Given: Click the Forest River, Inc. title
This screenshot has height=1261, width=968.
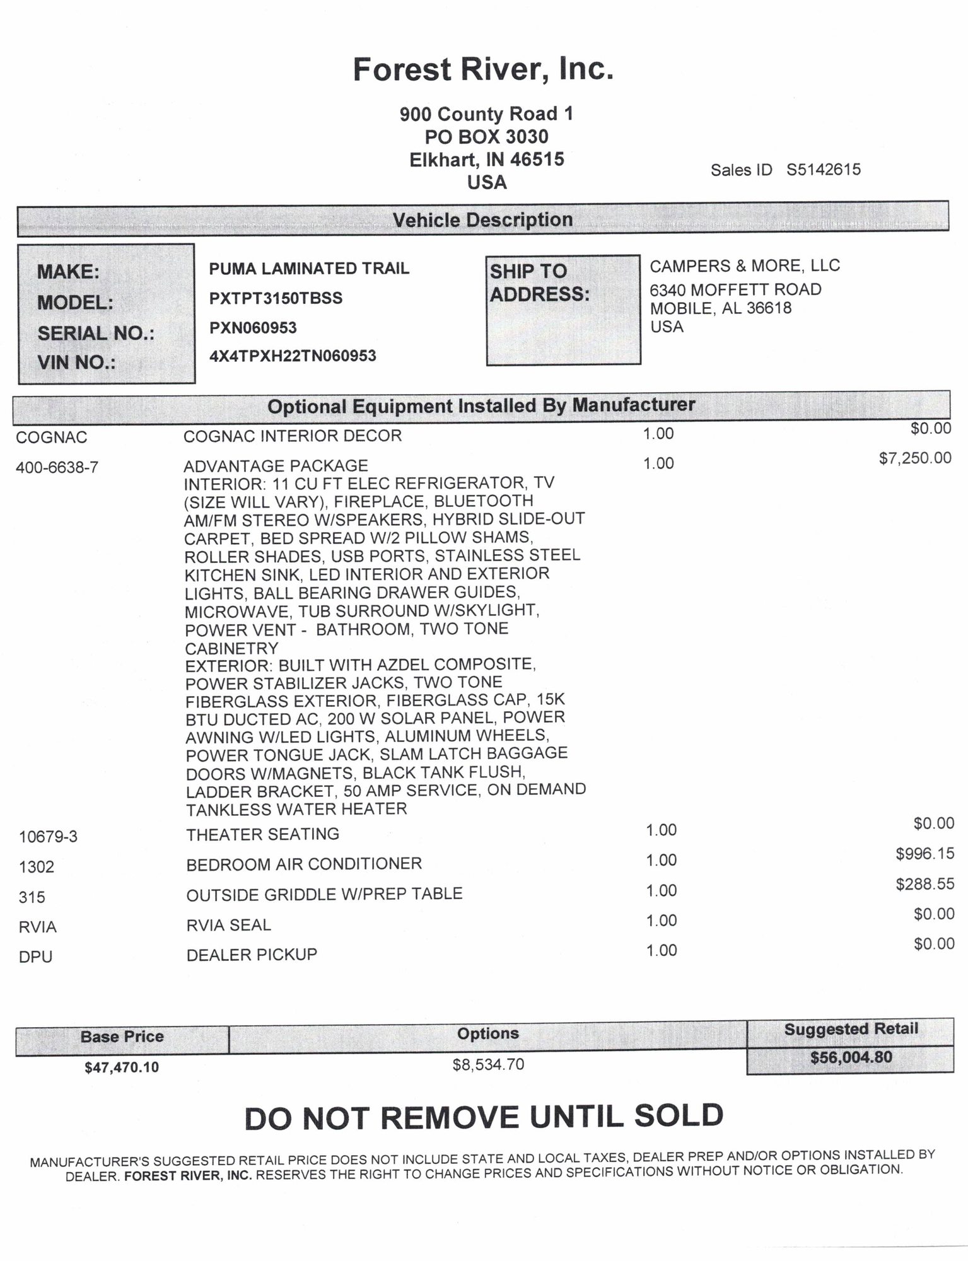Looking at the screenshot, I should pos(482,69).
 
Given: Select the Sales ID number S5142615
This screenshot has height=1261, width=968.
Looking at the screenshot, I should pos(823,170).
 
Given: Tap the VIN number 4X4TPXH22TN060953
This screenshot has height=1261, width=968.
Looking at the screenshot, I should pos(293,356).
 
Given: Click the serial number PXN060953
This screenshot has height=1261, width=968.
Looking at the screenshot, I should pos(253,328).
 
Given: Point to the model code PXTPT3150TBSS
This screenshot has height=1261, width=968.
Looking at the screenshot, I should pos(276,298).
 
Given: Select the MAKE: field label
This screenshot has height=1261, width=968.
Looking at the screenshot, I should pos(68,272).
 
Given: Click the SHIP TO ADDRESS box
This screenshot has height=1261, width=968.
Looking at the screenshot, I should pos(563,310).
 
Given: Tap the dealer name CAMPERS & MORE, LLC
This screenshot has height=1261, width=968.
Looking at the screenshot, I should pos(745,266).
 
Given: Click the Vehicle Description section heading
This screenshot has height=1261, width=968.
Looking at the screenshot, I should pos(482,220).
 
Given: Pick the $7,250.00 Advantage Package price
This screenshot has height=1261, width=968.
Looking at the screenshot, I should pos(915,458).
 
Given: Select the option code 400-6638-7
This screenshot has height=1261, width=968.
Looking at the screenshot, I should pos(57,467).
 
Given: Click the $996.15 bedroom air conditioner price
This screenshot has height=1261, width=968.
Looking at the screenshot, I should pos(924,854).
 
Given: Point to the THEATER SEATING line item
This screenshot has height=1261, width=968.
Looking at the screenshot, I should pos(262,834).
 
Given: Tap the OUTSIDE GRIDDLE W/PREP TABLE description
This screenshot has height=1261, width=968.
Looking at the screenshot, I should pos(324,894).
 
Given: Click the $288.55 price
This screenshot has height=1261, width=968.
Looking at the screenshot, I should pos(924,884).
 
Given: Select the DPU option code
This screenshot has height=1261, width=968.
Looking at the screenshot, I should pos(35,956).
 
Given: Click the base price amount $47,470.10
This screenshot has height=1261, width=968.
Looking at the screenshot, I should pos(122,1067).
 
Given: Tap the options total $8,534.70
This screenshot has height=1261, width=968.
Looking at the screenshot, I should pos(488,1065).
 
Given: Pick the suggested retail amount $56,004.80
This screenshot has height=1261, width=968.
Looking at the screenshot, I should pos(851,1057).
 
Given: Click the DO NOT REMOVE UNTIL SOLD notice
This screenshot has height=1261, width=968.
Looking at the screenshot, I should pos(484,1117).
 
